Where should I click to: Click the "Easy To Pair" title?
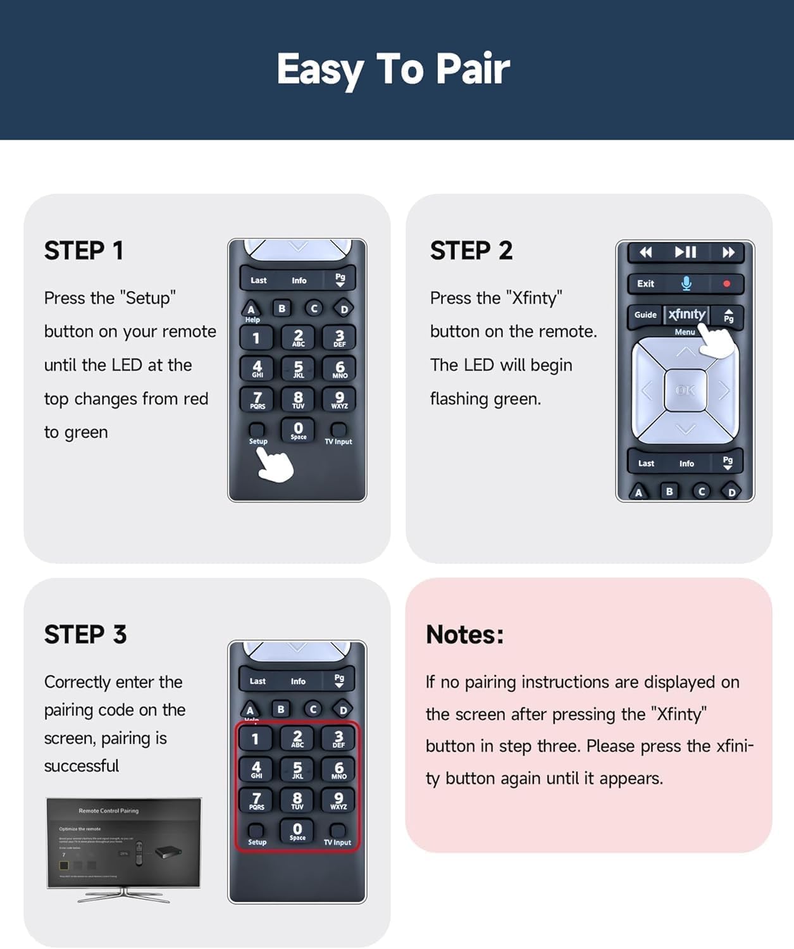[x=393, y=69]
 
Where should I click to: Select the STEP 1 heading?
[x=84, y=251]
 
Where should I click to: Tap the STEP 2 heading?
[x=471, y=251]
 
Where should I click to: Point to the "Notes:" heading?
[x=464, y=635]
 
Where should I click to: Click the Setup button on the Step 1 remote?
[x=257, y=430]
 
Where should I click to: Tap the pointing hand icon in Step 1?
[x=276, y=465]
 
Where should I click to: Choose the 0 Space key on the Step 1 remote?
[x=298, y=430]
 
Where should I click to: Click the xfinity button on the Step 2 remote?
[x=686, y=314]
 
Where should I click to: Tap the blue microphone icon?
[x=686, y=283]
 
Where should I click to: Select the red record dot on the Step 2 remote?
[x=726, y=284]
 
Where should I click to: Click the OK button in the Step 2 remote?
[x=685, y=390]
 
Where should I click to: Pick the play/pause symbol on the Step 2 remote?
[x=685, y=252]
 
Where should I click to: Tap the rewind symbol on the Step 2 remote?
[x=645, y=252]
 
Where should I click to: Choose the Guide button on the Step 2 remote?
[x=645, y=314]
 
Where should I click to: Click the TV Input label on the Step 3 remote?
[x=337, y=842]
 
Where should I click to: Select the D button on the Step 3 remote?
[x=343, y=710]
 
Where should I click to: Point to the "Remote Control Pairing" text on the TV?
[x=108, y=810]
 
